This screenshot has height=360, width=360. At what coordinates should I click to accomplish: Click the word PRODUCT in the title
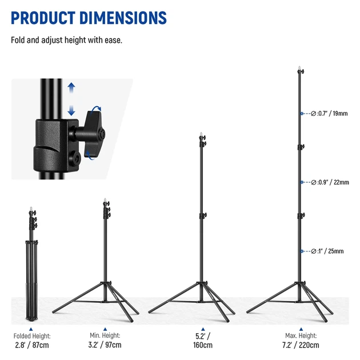tap(43, 18)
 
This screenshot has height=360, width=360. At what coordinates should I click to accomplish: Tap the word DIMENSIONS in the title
tap(123, 18)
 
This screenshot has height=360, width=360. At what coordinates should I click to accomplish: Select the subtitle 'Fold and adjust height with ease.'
tap(67, 40)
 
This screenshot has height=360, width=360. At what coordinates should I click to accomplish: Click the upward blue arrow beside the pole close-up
tap(71, 87)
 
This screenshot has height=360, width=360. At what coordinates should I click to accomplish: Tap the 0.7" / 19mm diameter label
tap(329, 113)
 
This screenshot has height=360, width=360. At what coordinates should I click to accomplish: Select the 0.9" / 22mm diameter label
tap(330, 182)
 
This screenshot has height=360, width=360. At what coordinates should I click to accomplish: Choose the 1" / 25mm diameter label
tap(327, 251)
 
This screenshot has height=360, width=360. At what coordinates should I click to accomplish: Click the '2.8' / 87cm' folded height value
tap(32, 345)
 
